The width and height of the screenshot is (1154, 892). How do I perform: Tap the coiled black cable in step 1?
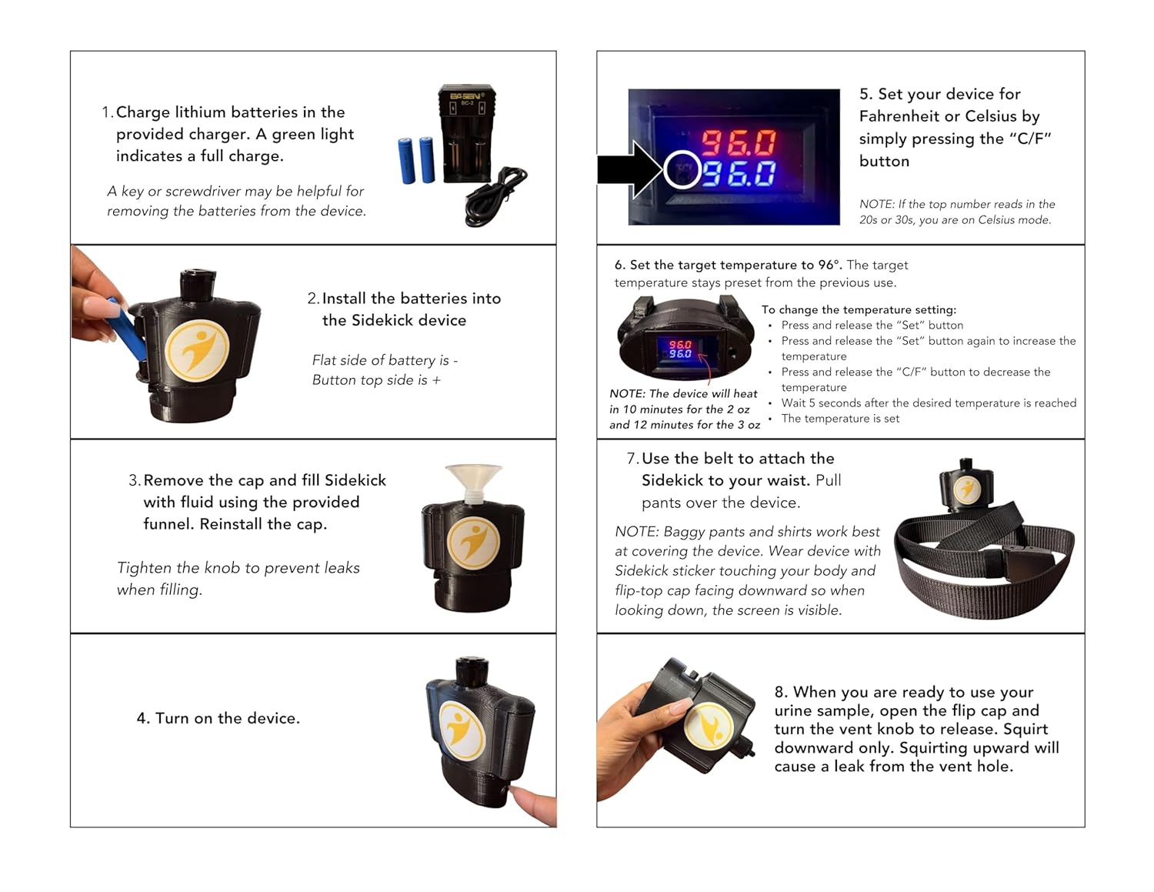pyautogui.click(x=495, y=196)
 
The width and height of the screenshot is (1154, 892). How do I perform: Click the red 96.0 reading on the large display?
pyautogui.click(x=739, y=142)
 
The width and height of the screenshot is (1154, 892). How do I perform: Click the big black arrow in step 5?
pyautogui.click(x=631, y=169)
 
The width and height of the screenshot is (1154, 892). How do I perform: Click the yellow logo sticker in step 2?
pyautogui.click(x=197, y=351)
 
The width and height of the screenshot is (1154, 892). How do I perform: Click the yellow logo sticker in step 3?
pyautogui.click(x=472, y=543)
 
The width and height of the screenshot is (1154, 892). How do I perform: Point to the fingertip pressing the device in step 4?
pyautogui.click(x=533, y=805)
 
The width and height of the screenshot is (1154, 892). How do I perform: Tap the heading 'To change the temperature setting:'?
pyautogui.click(x=859, y=309)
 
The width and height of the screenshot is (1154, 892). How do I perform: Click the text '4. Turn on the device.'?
pyautogui.click(x=218, y=718)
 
